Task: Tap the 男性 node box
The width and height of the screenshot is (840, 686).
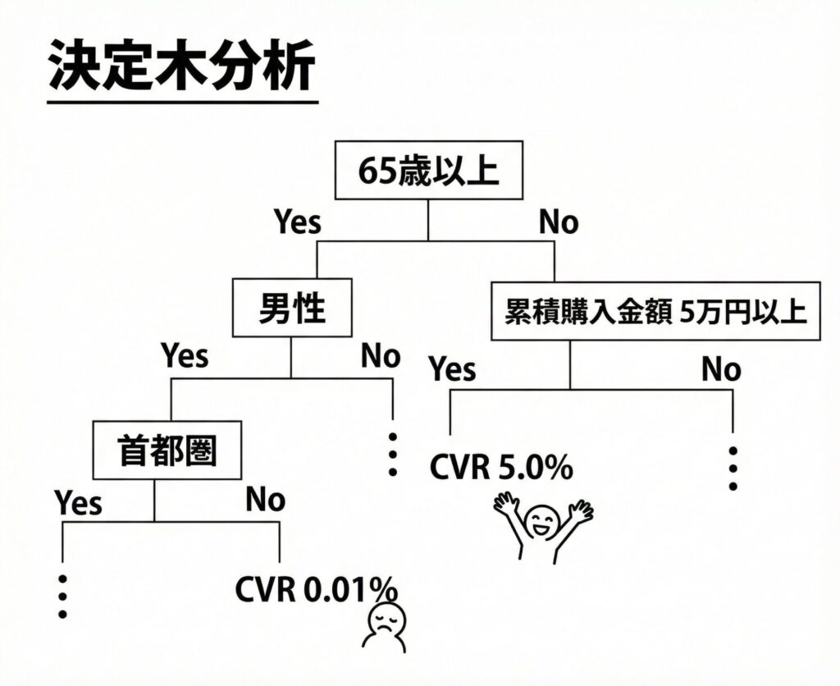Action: click(x=293, y=309)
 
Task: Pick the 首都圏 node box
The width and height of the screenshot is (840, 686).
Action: click(x=168, y=450)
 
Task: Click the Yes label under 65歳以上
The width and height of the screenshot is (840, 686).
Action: click(x=297, y=222)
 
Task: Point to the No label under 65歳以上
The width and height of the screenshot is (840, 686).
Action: click(x=559, y=222)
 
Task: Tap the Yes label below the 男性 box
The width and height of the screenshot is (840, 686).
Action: click(x=185, y=357)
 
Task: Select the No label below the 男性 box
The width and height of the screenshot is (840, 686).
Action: click(x=381, y=357)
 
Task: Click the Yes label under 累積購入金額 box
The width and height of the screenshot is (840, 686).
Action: click(x=453, y=369)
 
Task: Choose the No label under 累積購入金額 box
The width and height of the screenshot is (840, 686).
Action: click(x=721, y=370)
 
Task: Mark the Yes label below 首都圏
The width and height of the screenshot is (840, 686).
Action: click(x=79, y=501)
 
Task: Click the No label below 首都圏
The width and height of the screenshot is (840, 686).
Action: click(x=265, y=500)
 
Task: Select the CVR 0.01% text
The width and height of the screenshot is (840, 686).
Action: click(x=316, y=589)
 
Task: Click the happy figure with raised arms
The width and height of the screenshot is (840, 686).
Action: click(x=542, y=524)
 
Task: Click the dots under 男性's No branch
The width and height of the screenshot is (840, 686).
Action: click(x=392, y=453)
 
